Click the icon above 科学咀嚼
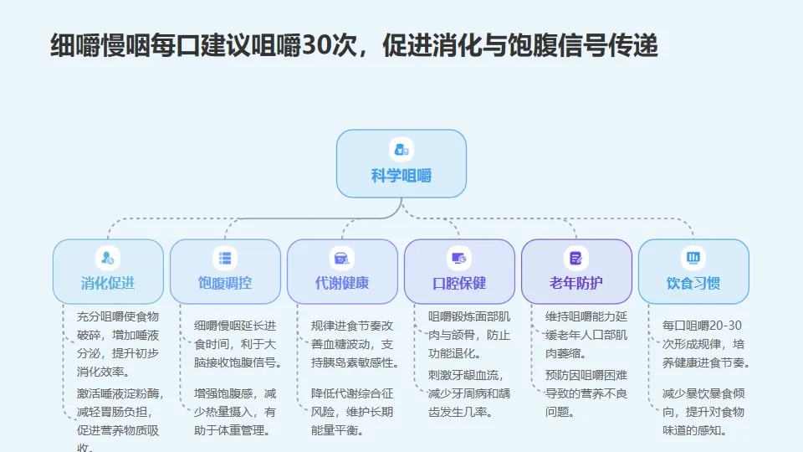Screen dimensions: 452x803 click(x=401, y=150)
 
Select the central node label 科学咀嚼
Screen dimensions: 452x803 click(x=401, y=176)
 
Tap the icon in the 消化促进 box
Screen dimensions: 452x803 click(x=108, y=258)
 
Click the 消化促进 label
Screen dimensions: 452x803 click(x=108, y=283)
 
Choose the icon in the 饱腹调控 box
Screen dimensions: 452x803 click(x=225, y=258)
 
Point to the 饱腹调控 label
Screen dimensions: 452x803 click(x=225, y=283)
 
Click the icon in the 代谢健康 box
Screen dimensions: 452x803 click(x=342, y=258)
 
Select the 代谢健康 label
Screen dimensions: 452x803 click(x=342, y=283)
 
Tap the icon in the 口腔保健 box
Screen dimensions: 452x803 click(x=459, y=258)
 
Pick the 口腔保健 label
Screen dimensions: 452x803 click(x=459, y=283)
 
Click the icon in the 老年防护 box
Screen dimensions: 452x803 click(x=576, y=258)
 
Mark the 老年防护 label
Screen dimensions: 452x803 click(x=576, y=283)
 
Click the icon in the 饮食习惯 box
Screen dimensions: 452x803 click(x=693, y=258)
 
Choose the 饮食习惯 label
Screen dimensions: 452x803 click(x=693, y=283)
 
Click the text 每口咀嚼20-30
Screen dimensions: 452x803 click(x=702, y=326)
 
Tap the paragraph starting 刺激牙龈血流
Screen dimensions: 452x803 click(x=468, y=393)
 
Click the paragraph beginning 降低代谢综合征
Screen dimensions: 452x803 click(x=351, y=411)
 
